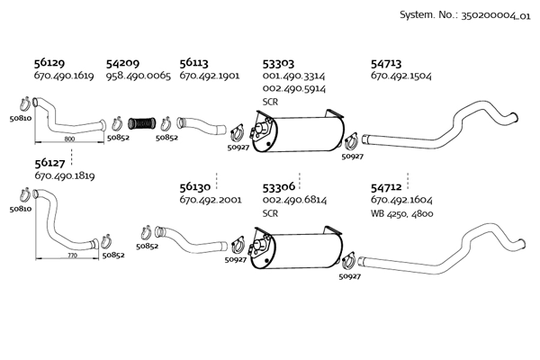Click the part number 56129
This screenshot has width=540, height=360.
click(49, 64)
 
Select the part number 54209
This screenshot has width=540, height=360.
click(122, 64)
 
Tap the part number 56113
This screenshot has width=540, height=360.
click(194, 64)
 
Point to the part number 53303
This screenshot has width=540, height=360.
click(278, 64)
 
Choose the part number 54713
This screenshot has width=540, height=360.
click(387, 64)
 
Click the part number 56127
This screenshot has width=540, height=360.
click(49, 163)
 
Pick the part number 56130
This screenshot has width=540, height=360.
click(195, 186)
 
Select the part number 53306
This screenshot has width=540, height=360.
click(278, 186)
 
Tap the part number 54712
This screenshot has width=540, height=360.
click(387, 186)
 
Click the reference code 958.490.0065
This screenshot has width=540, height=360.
click(138, 76)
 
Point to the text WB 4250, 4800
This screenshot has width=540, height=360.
click(401, 213)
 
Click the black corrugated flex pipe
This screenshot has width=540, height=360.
click(144, 123)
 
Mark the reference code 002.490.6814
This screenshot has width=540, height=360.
click(294, 200)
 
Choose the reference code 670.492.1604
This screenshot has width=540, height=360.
click(401, 200)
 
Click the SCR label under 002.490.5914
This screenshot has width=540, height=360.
click(270, 103)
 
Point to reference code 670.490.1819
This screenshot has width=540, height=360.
click(64, 176)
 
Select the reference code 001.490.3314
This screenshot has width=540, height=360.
click(294, 77)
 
